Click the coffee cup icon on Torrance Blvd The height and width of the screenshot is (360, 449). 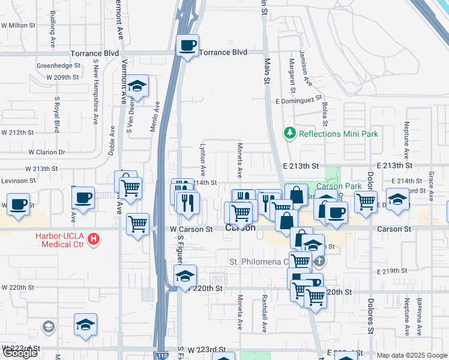(x=188, y=46)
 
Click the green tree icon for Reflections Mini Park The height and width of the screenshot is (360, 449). (x=290, y=133)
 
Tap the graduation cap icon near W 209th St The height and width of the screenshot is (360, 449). (x=137, y=87)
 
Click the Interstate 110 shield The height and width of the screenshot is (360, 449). (x=161, y=356)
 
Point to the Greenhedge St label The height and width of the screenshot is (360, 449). (x=58, y=65)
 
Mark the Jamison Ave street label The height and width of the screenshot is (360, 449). (x=307, y=71)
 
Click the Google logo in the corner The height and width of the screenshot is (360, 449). (x=20, y=353)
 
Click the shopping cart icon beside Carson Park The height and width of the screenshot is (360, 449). (x=365, y=201)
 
